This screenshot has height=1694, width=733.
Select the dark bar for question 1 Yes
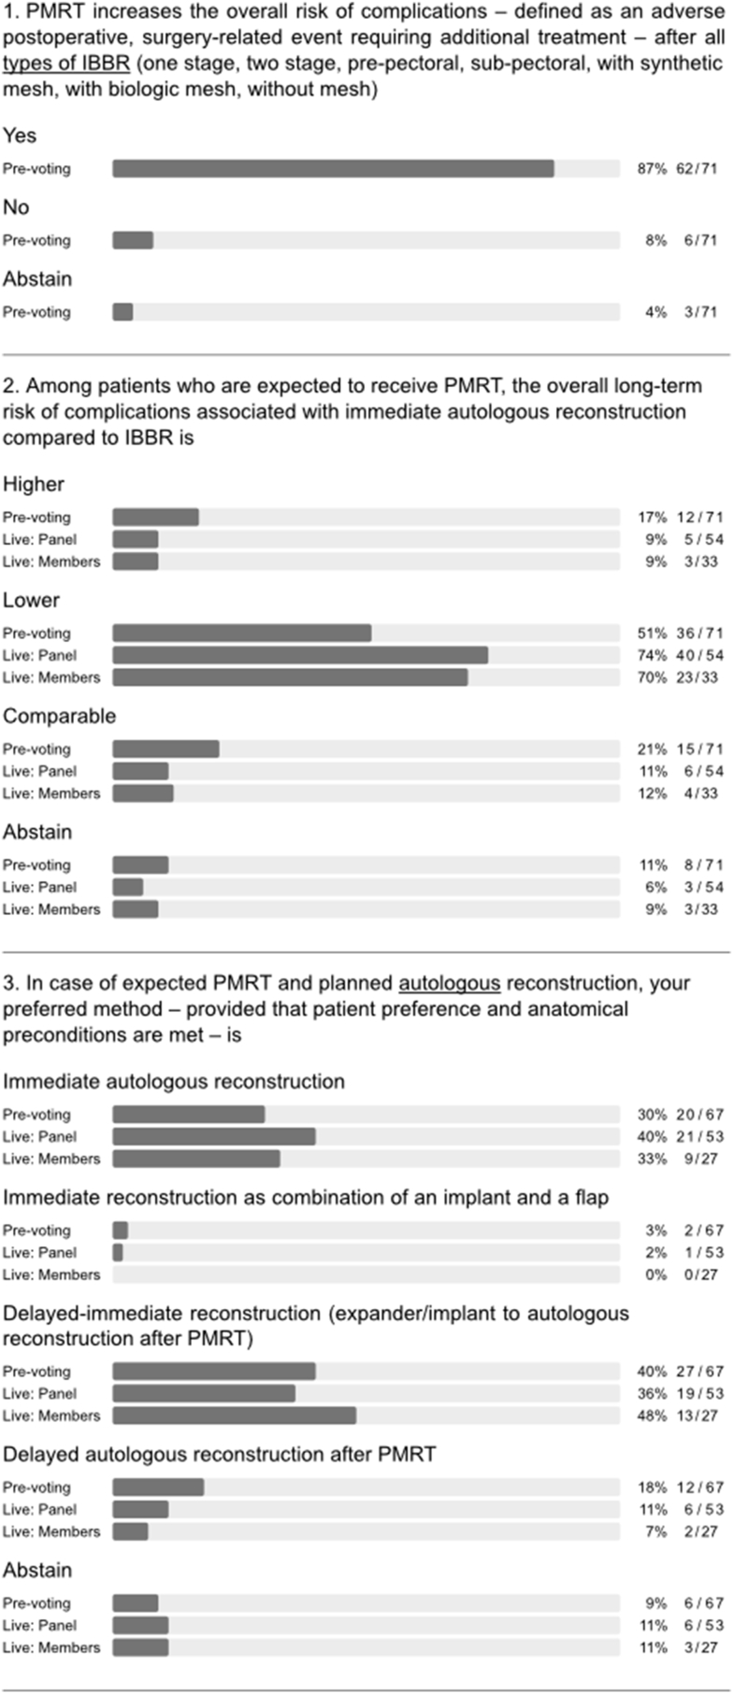[333, 169]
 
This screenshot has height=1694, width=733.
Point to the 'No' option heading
[16, 207]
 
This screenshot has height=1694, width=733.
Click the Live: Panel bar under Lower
[300, 656]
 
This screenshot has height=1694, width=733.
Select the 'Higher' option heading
[34, 484]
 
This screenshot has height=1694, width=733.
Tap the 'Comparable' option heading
[60, 717]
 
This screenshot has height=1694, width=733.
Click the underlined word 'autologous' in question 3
[450, 983]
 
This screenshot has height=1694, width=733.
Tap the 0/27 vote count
[699, 1275]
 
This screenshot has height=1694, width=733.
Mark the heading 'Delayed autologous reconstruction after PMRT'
[219, 1455]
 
